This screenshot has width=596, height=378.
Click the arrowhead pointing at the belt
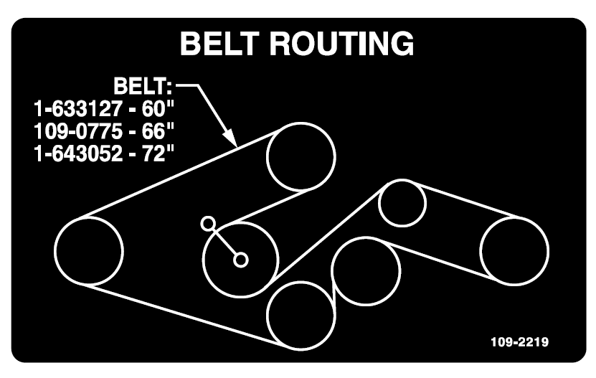tap(230, 136)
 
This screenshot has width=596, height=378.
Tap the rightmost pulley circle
tap(514, 250)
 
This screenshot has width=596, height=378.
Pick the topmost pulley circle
tap(301, 156)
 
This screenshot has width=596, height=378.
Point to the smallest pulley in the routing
tap(403, 204)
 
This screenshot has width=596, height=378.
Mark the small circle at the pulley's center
tap(241, 260)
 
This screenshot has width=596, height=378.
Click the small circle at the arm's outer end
tap(208, 223)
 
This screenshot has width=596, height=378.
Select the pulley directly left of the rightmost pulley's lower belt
tap(366, 271)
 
